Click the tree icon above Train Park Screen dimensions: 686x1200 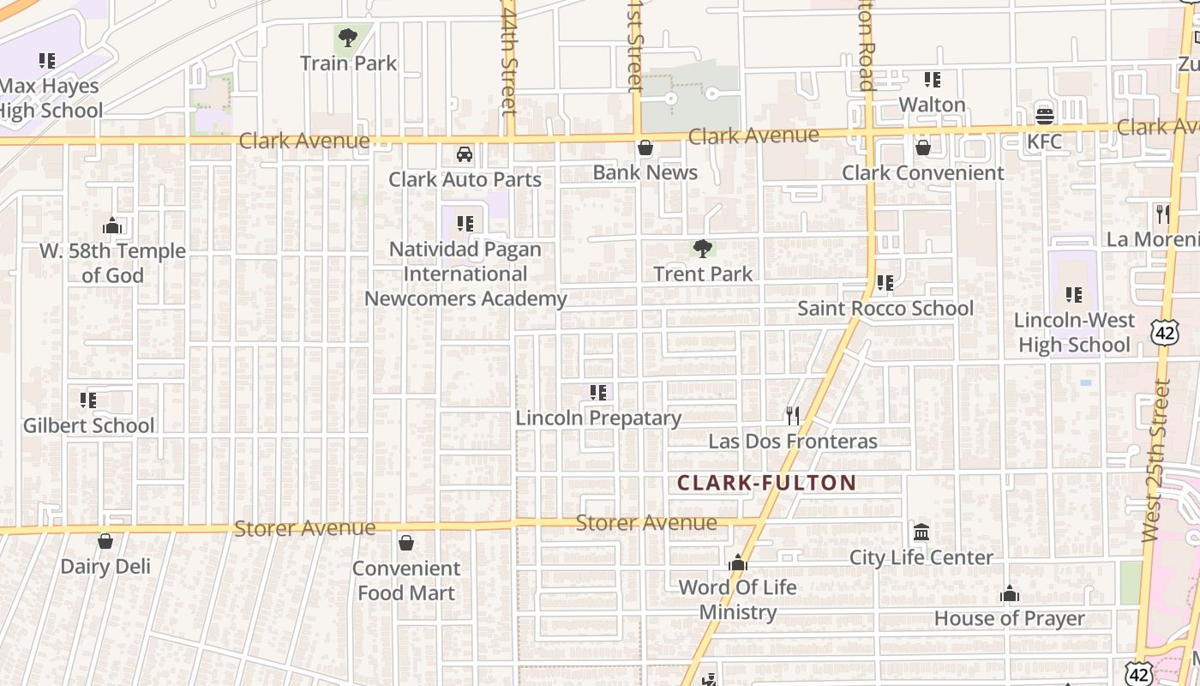(x=348, y=38)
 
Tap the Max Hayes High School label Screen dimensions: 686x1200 (x=50, y=98)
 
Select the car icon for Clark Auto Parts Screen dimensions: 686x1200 (x=465, y=154)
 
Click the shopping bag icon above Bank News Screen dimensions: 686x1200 (x=645, y=147)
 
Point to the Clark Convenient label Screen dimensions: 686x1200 (x=922, y=172)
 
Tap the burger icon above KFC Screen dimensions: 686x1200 (x=1044, y=116)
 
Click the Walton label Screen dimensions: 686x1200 (x=932, y=105)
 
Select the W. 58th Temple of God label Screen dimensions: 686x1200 (x=112, y=263)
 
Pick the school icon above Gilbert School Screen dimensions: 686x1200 (x=88, y=400)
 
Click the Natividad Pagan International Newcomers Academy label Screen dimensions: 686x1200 (x=465, y=274)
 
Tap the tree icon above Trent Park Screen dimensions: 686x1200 (x=703, y=249)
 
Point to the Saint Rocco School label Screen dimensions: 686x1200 (x=885, y=308)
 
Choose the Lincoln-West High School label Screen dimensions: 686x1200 (x=1074, y=333)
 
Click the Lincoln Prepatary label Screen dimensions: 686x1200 (x=598, y=418)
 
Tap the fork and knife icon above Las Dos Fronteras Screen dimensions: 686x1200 (x=793, y=416)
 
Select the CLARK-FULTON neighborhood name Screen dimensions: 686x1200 (x=766, y=483)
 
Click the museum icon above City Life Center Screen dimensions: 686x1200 (x=921, y=533)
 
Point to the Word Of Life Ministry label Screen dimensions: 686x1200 (x=738, y=599)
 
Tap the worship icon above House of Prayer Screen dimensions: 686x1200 (x=1010, y=593)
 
